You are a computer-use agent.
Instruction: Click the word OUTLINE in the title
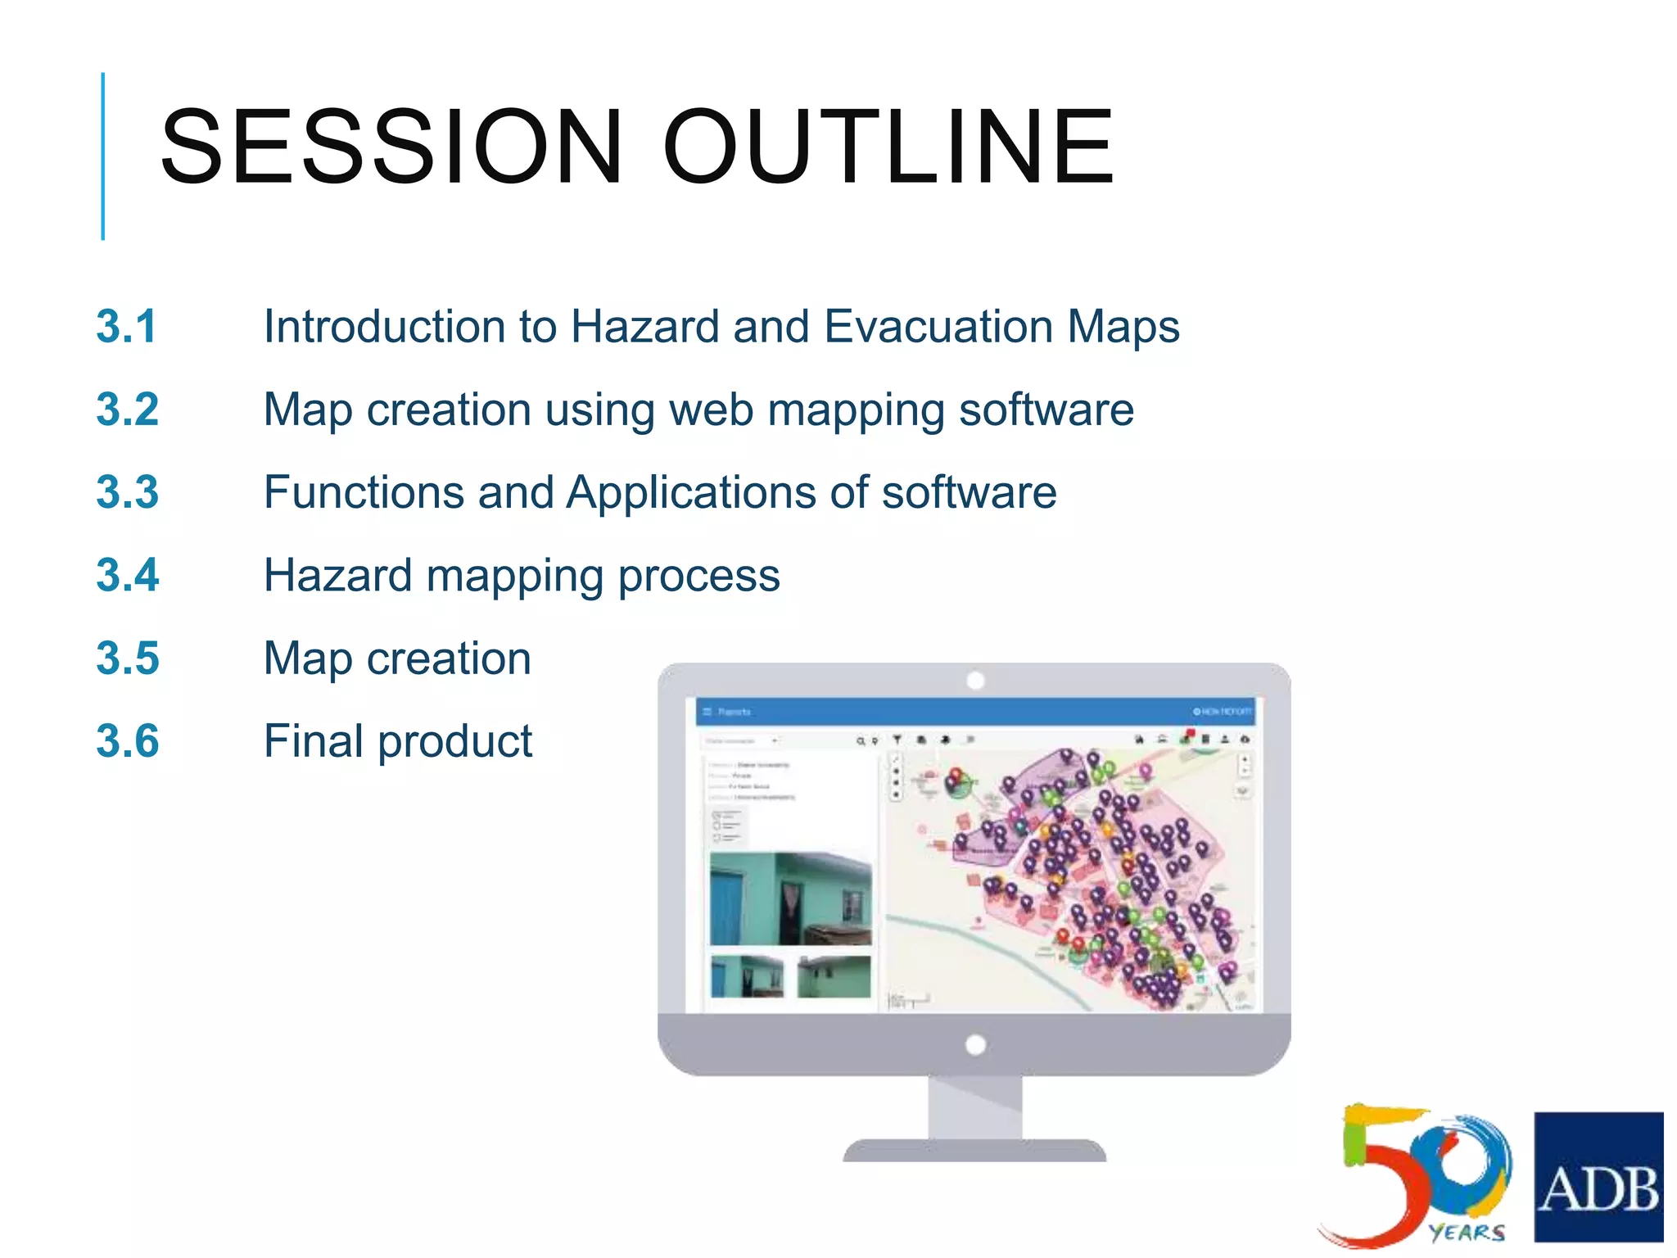[888, 147]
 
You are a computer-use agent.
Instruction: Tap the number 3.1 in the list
[126, 326]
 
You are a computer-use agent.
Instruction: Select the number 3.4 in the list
[127, 575]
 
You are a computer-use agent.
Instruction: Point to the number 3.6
[127, 741]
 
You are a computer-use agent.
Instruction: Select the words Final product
[398, 741]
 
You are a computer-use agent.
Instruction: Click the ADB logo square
[1598, 1176]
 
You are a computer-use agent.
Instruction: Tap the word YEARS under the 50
[1467, 1232]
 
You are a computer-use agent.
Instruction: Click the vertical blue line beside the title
[103, 156]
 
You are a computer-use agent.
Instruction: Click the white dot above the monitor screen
[974, 680]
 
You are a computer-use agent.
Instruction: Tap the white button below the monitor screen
[974, 1044]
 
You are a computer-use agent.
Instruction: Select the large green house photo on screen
[790, 898]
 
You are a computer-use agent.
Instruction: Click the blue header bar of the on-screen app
[974, 711]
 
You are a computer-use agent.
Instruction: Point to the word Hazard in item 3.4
[337, 575]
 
